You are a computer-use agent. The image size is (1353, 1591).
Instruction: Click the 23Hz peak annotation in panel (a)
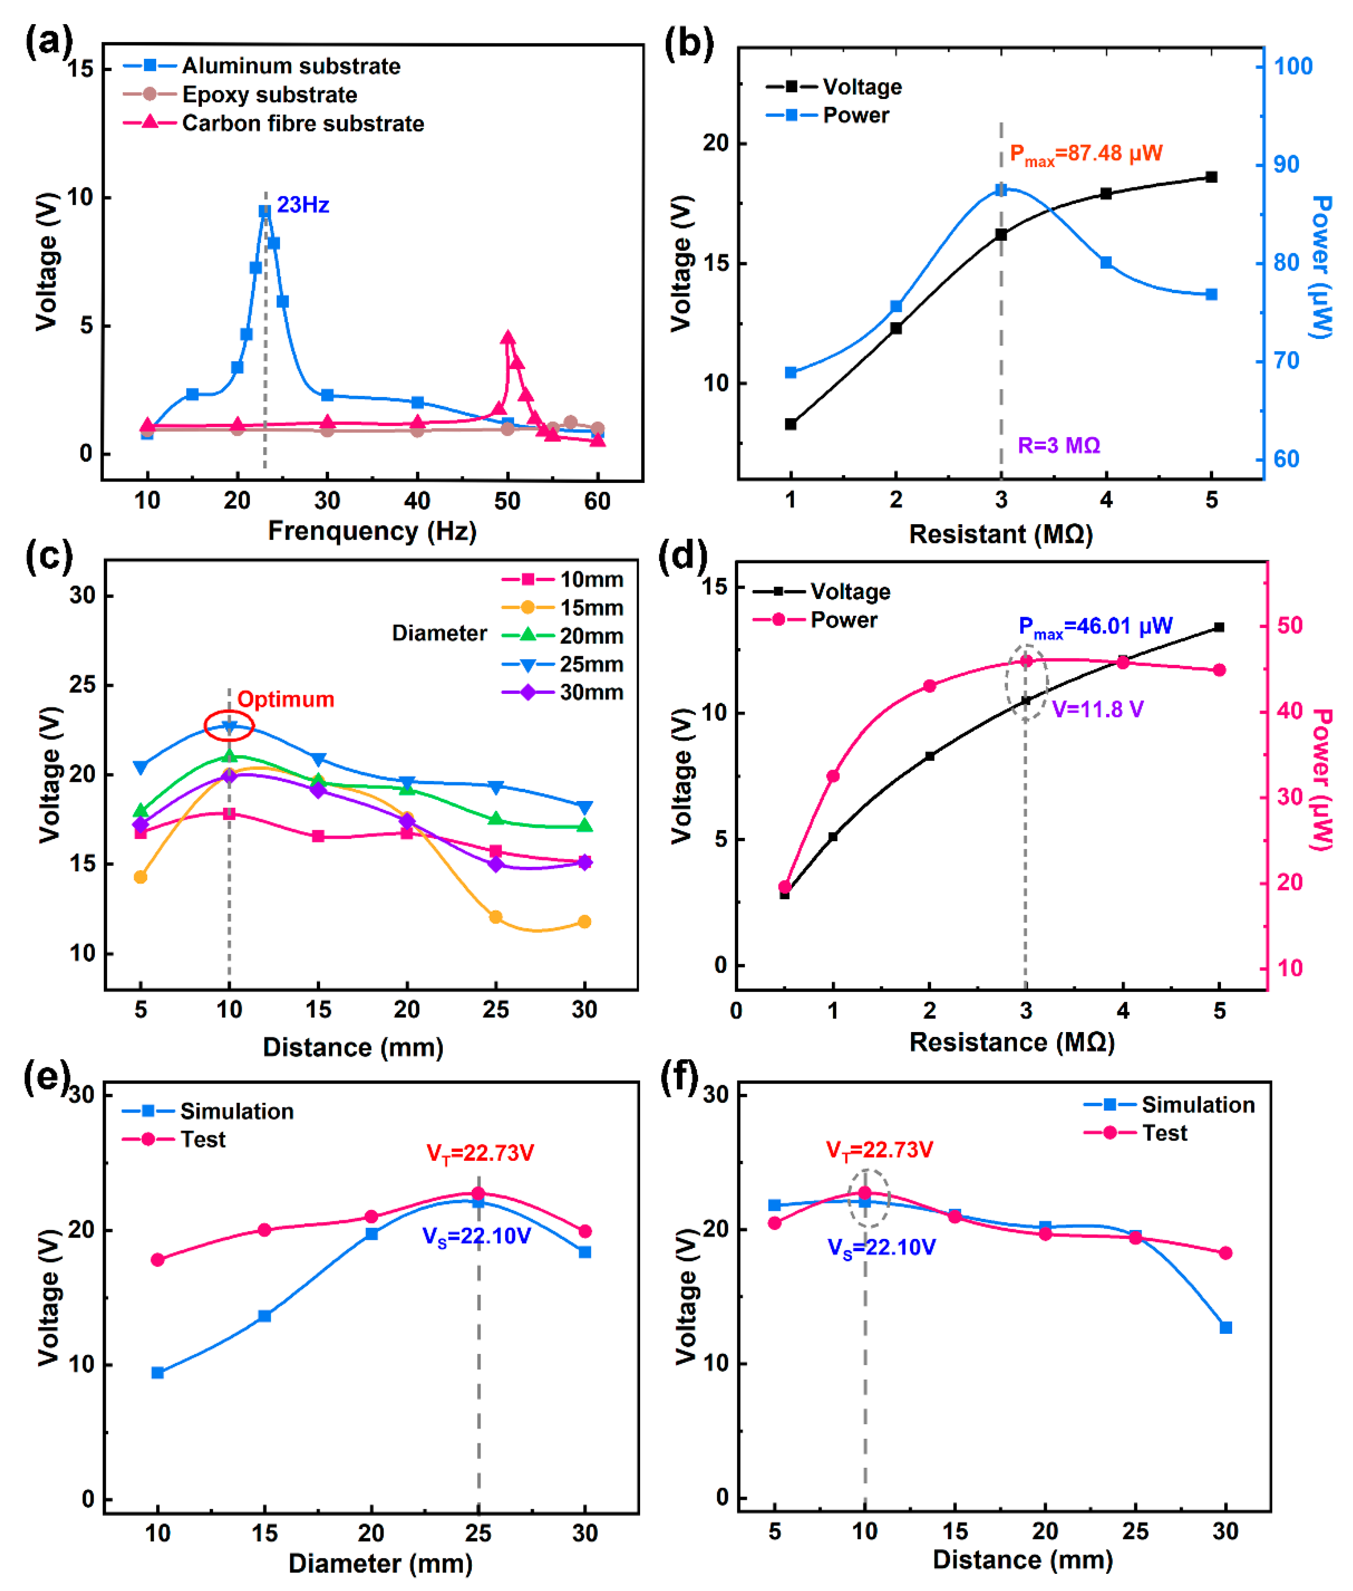click(x=303, y=205)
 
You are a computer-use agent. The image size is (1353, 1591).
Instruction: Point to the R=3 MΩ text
click(x=1058, y=446)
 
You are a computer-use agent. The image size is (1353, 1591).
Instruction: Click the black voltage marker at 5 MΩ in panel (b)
click(x=1211, y=177)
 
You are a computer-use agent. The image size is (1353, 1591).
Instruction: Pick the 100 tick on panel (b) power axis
click(x=1293, y=67)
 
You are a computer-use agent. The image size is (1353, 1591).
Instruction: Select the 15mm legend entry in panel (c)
click(x=591, y=608)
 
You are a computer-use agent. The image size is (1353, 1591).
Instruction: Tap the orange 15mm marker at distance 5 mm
click(x=140, y=877)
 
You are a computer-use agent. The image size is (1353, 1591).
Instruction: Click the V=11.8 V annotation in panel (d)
click(x=1098, y=709)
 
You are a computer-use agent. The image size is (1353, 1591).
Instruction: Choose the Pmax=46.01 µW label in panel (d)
click(x=1095, y=627)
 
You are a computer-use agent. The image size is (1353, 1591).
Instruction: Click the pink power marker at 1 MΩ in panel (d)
click(x=833, y=776)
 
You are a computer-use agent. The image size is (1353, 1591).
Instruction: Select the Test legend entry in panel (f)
click(x=1164, y=1133)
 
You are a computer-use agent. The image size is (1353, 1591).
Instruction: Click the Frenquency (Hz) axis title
click(x=372, y=531)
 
